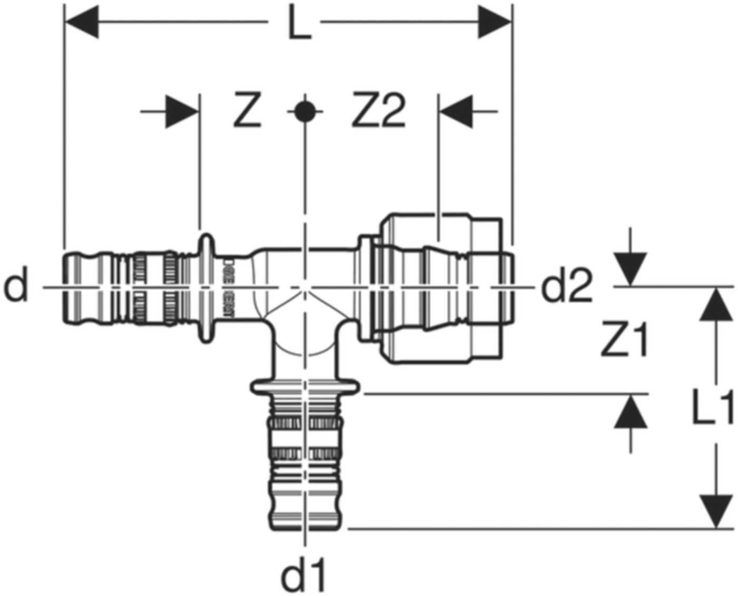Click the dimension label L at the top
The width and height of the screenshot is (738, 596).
[x=299, y=24]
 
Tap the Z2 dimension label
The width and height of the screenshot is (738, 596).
[x=378, y=112]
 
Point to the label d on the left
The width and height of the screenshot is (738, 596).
[x=16, y=288]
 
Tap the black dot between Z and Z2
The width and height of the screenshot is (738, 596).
[x=304, y=112]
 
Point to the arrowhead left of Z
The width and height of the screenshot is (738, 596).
[x=181, y=111]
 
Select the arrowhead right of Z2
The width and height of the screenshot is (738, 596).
[x=457, y=111]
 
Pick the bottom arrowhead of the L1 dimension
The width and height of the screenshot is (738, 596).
[x=715, y=511]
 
